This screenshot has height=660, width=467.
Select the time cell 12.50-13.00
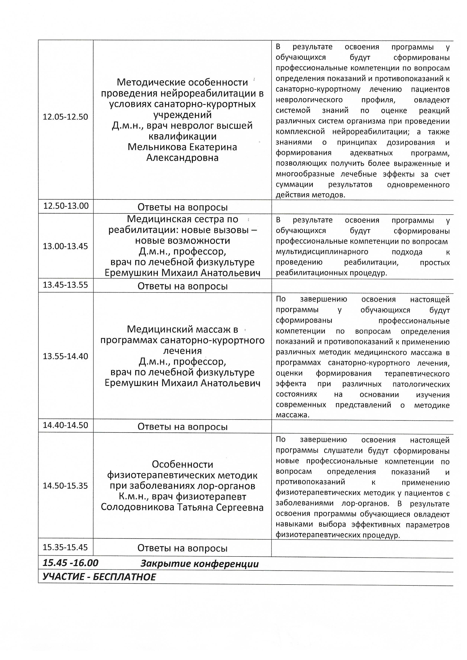pyautogui.click(x=66, y=206)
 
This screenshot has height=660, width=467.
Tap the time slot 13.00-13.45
pyautogui.click(x=65, y=246)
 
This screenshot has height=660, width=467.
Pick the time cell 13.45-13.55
pyautogui.click(x=65, y=285)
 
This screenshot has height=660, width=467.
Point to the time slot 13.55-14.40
pyautogui.click(x=65, y=356)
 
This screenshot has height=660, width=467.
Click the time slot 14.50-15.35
pyautogui.click(x=65, y=486)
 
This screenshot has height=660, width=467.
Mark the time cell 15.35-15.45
pyautogui.click(x=65, y=547)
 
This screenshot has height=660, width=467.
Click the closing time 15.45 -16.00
pyautogui.click(x=70, y=563)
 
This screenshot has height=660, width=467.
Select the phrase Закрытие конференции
pyautogui.click(x=199, y=564)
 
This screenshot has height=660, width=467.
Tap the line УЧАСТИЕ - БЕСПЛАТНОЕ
pyautogui.click(x=99, y=577)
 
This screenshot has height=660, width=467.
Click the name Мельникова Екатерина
pyautogui.click(x=182, y=147)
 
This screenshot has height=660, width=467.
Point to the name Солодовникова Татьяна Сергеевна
pyautogui.click(x=182, y=507)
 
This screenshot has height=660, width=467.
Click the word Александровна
pyautogui.click(x=182, y=158)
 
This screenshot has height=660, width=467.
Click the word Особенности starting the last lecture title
pyautogui.click(x=182, y=464)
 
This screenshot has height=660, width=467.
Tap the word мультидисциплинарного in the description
pyautogui.click(x=322, y=252)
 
